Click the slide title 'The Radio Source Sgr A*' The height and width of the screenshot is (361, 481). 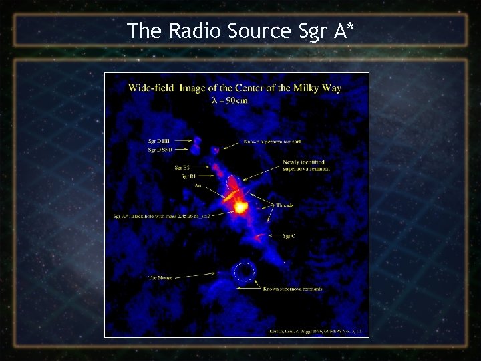tap(240, 30)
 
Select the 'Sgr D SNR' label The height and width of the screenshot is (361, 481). tap(160, 150)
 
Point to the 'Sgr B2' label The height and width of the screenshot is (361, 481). tap(182, 167)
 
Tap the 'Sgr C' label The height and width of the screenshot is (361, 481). tap(289, 236)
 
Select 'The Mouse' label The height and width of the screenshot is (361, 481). tap(160, 276)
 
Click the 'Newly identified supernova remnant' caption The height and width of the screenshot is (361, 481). tap(306, 165)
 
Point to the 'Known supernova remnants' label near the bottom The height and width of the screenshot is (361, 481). tap(293, 289)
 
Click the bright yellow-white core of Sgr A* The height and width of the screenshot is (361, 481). tap(240, 207)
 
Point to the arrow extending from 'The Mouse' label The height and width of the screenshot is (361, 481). tap(197, 275)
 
